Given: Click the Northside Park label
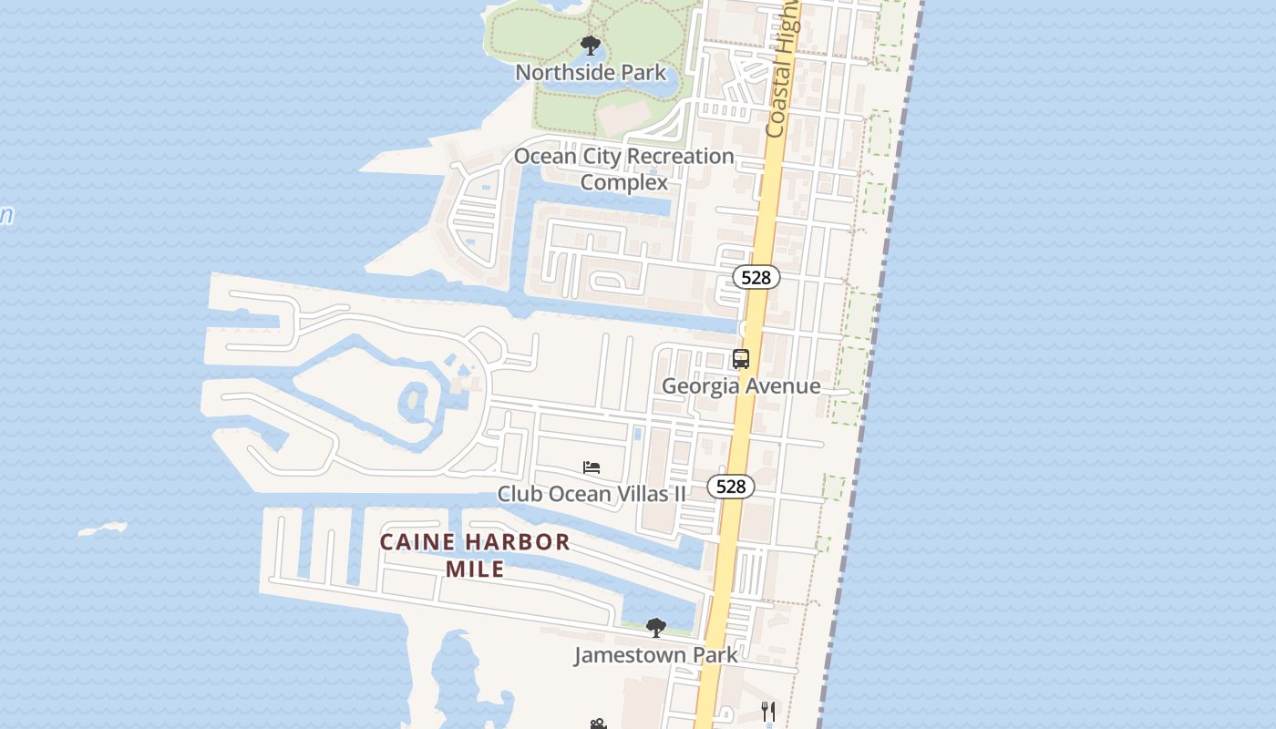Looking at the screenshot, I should coord(591,72).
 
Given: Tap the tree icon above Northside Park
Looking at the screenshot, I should coord(591,46).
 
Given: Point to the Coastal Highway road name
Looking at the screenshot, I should coord(783,73).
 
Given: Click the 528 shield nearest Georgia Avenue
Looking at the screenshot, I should coord(756,278).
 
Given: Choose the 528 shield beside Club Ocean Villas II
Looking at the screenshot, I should coord(731,487).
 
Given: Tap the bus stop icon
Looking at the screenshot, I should coord(741,359).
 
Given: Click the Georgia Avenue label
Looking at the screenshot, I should coord(741,385).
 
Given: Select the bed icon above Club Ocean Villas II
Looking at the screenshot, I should coord(592,467).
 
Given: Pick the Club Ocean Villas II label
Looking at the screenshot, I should coord(592,494).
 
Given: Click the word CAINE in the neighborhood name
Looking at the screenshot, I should coord(417,542).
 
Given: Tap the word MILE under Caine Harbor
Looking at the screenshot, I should coord(475,570).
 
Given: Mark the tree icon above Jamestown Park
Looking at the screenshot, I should coord(655,628).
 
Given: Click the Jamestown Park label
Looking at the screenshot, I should coord(655,654).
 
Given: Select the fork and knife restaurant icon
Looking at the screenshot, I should coord(768,711).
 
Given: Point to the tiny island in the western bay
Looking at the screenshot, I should coord(101,529).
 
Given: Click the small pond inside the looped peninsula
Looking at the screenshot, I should coord(416,399).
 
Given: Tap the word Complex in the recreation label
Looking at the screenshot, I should coord(624,182).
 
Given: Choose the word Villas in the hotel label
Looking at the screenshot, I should coord(642,494).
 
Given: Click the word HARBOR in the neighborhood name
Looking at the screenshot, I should coord(518,542).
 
